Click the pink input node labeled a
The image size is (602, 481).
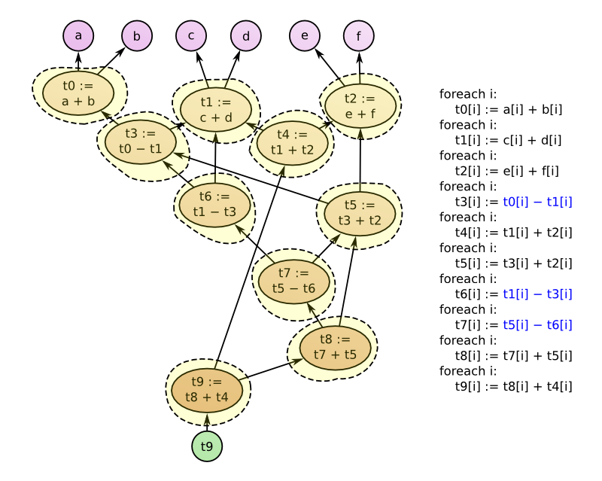[78, 36]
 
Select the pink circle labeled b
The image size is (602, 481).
[136, 36]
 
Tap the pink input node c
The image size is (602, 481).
[191, 36]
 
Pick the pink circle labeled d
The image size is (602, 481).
[245, 36]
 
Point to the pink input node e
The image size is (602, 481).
[305, 36]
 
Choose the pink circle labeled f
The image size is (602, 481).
[358, 36]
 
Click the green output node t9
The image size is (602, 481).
[207, 447]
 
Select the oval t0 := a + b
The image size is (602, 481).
[78, 93]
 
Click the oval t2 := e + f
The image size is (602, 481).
[360, 106]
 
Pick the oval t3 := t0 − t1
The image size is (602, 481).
[141, 141]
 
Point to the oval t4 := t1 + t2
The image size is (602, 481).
[292, 142]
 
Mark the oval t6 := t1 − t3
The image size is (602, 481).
[214, 204]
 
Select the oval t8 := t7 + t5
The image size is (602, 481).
[336, 347]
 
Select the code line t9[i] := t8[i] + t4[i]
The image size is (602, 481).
[513, 387]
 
